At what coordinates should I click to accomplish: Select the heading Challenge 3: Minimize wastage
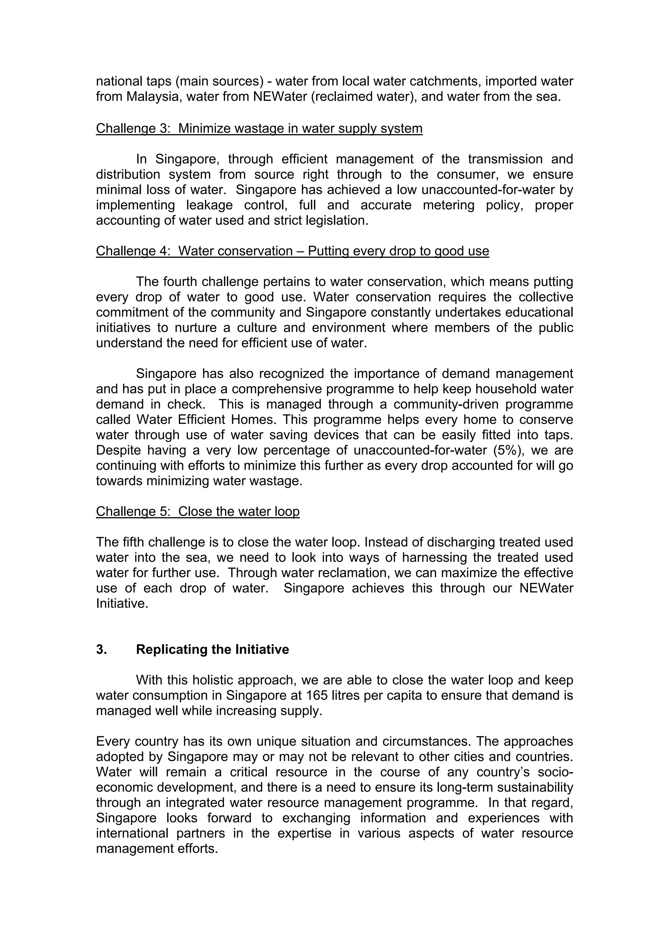(x=259, y=128)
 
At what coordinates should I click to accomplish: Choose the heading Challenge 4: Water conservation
(x=292, y=251)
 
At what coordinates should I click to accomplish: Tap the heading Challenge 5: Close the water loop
(x=198, y=511)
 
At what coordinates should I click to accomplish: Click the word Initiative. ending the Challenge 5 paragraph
(x=122, y=604)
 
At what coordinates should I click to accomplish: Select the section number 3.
(x=101, y=649)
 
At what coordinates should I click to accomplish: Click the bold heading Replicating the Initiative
(x=212, y=649)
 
